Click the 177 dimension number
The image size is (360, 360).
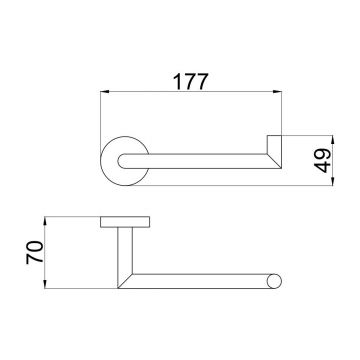point(191,82)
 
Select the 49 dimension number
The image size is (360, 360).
point(323,160)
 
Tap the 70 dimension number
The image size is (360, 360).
point(35,252)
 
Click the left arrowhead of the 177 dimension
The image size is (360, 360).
point(105,92)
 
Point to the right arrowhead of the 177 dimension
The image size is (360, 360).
point(277,92)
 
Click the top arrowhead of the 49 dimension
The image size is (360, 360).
point(333,140)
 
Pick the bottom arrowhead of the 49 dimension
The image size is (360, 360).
point(333,181)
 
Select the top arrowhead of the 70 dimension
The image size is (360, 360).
point(45,221)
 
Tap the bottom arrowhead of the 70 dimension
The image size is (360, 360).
point(45,284)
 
